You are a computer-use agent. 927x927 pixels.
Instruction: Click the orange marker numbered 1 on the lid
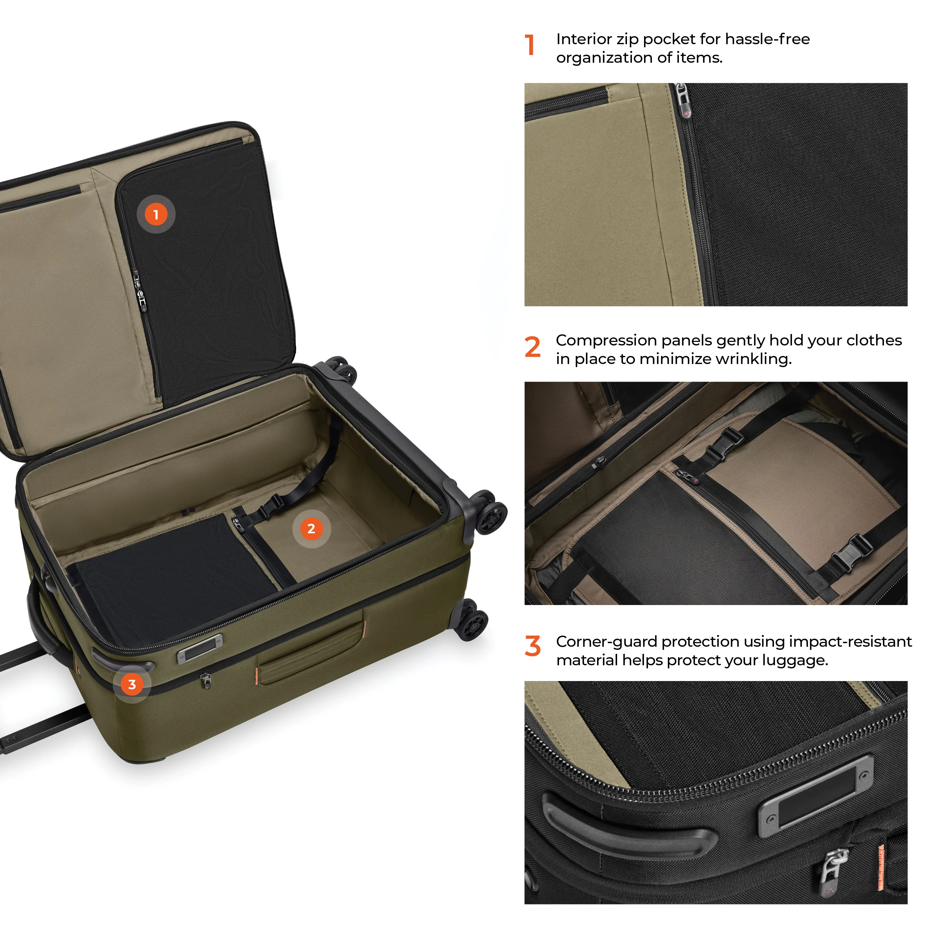click(156, 214)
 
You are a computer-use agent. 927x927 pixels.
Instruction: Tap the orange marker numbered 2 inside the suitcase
click(311, 528)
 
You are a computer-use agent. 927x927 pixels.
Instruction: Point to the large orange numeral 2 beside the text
click(533, 347)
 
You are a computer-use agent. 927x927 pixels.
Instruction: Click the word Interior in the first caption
click(584, 39)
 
